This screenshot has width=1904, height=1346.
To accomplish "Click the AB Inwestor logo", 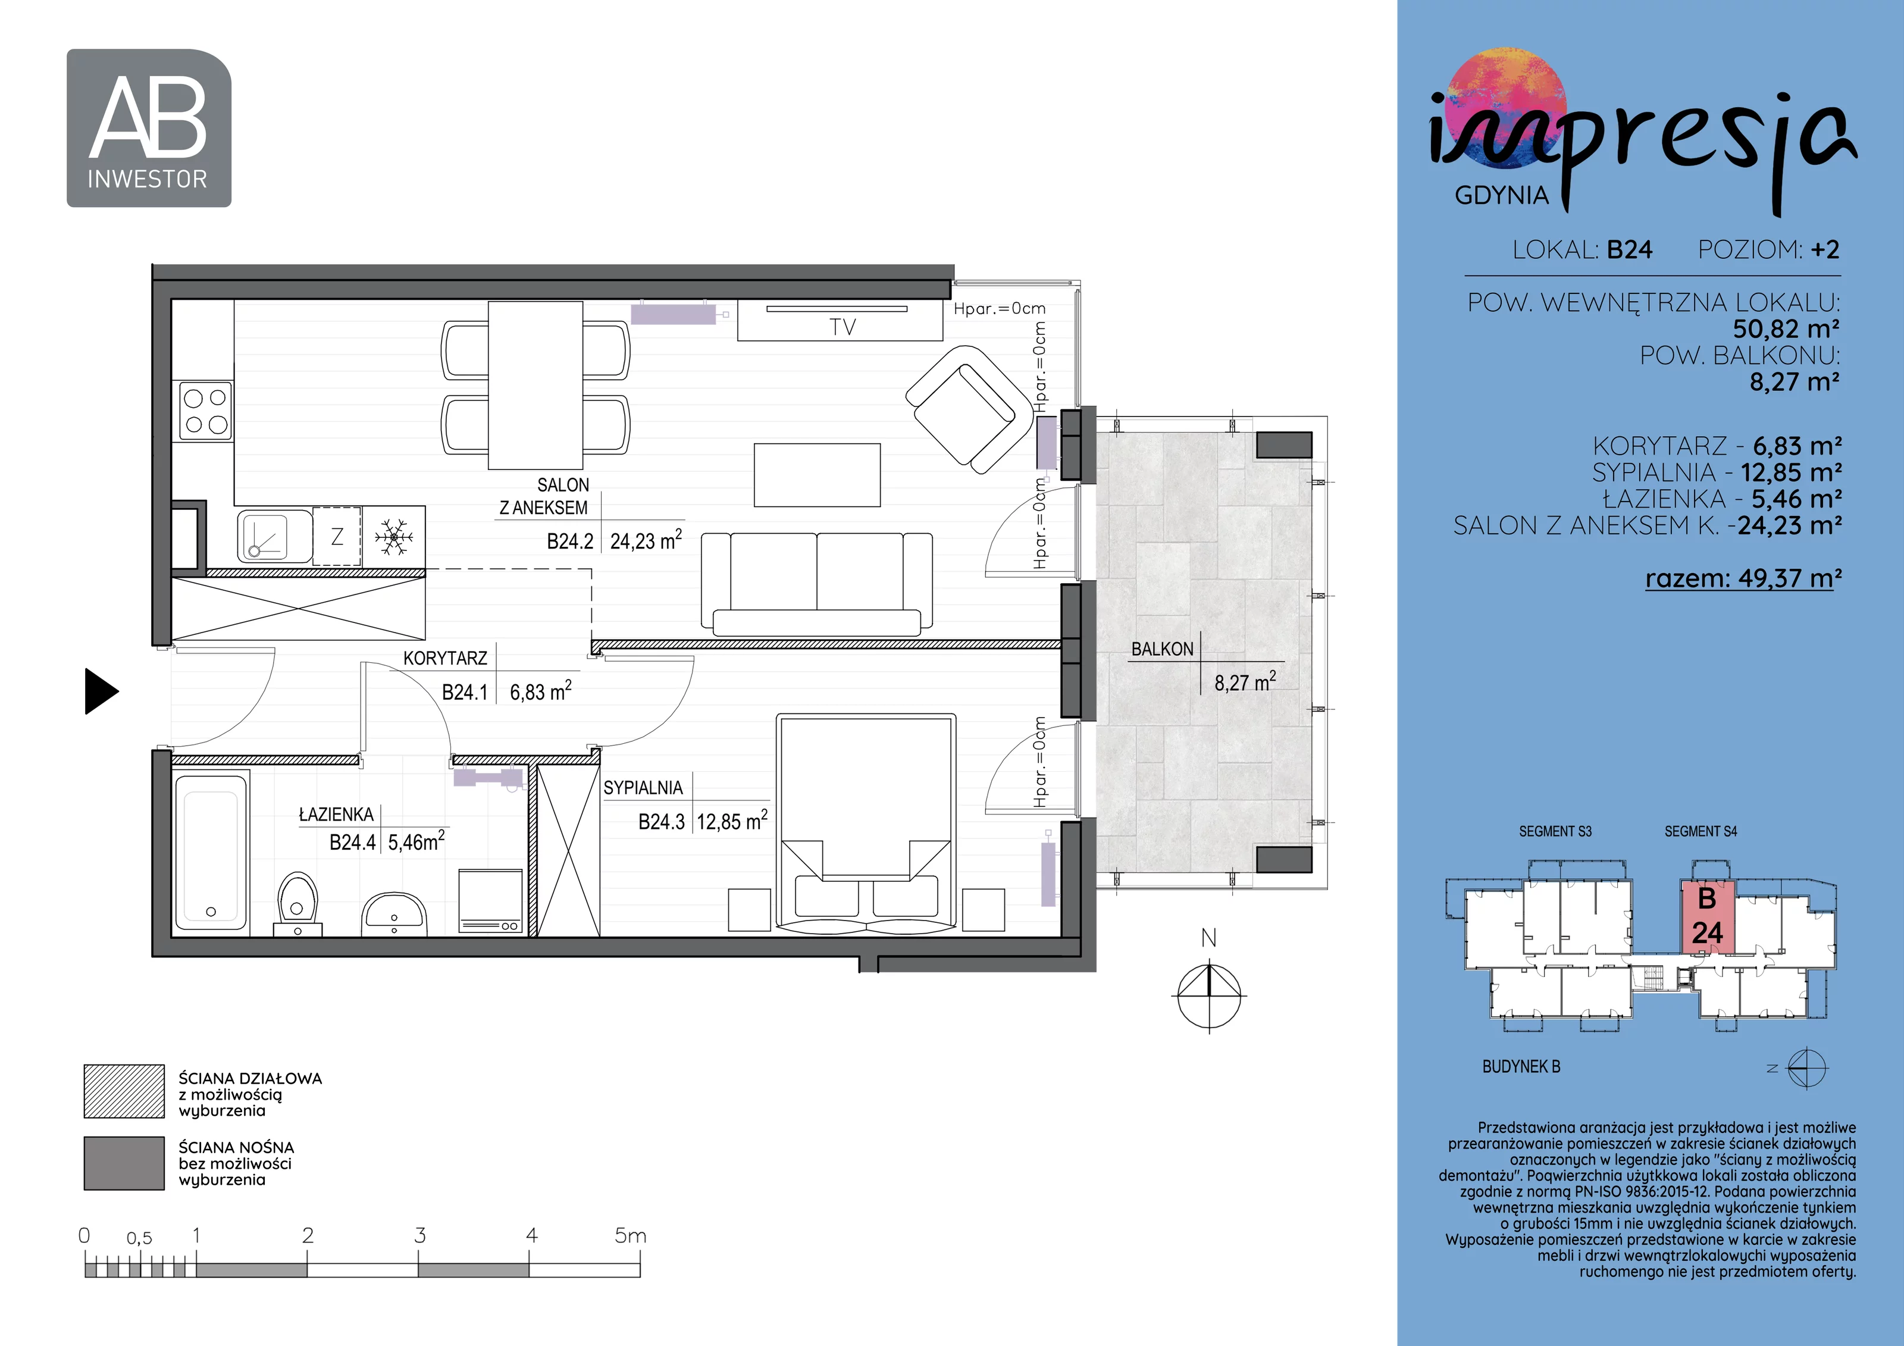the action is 149,128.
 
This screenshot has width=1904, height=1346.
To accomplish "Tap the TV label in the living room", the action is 842,327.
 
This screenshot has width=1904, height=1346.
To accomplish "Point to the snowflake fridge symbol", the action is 394,537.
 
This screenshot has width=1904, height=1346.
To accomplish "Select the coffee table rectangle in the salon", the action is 817,474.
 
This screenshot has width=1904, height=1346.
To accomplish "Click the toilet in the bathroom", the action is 297,904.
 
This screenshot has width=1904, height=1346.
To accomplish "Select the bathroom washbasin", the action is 394,914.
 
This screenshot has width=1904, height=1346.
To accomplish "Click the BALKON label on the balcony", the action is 1162,649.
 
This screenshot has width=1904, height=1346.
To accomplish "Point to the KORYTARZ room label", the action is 445,659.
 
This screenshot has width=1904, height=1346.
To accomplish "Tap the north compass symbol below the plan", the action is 1209,994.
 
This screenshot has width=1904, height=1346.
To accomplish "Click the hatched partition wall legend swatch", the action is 124,1091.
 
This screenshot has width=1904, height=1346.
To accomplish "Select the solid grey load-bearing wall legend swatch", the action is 124,1163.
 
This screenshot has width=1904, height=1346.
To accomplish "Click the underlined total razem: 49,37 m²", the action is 1744,578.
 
